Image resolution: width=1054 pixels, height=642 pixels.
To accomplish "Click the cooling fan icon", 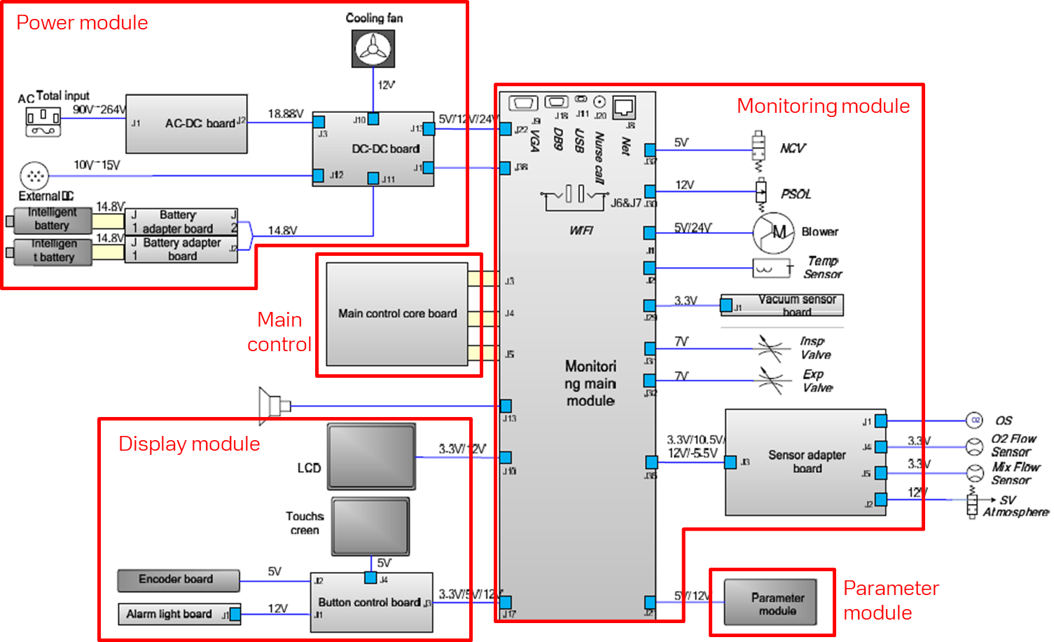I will coord(373,49).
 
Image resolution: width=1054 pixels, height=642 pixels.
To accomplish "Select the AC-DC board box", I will coord(186,124).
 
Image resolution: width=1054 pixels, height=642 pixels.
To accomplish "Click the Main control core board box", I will coord(397,314).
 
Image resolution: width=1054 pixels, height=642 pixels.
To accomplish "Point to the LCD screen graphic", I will coord(371,456).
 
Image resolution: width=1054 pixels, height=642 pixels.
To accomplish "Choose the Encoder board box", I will coord(179,580).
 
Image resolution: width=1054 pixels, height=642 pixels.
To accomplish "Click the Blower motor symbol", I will coord(773,233).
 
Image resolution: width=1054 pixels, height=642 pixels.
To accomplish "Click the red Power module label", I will coord(82,23).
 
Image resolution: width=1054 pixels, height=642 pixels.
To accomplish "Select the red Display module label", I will coord(189,444).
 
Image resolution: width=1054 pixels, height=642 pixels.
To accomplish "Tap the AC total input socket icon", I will coord(43,122).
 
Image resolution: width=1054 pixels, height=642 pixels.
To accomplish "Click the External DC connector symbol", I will coord(34,176).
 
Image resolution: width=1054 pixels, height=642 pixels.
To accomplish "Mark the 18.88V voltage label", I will coord(286,114).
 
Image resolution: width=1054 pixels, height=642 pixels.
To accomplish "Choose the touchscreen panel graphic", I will coord(370,526).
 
